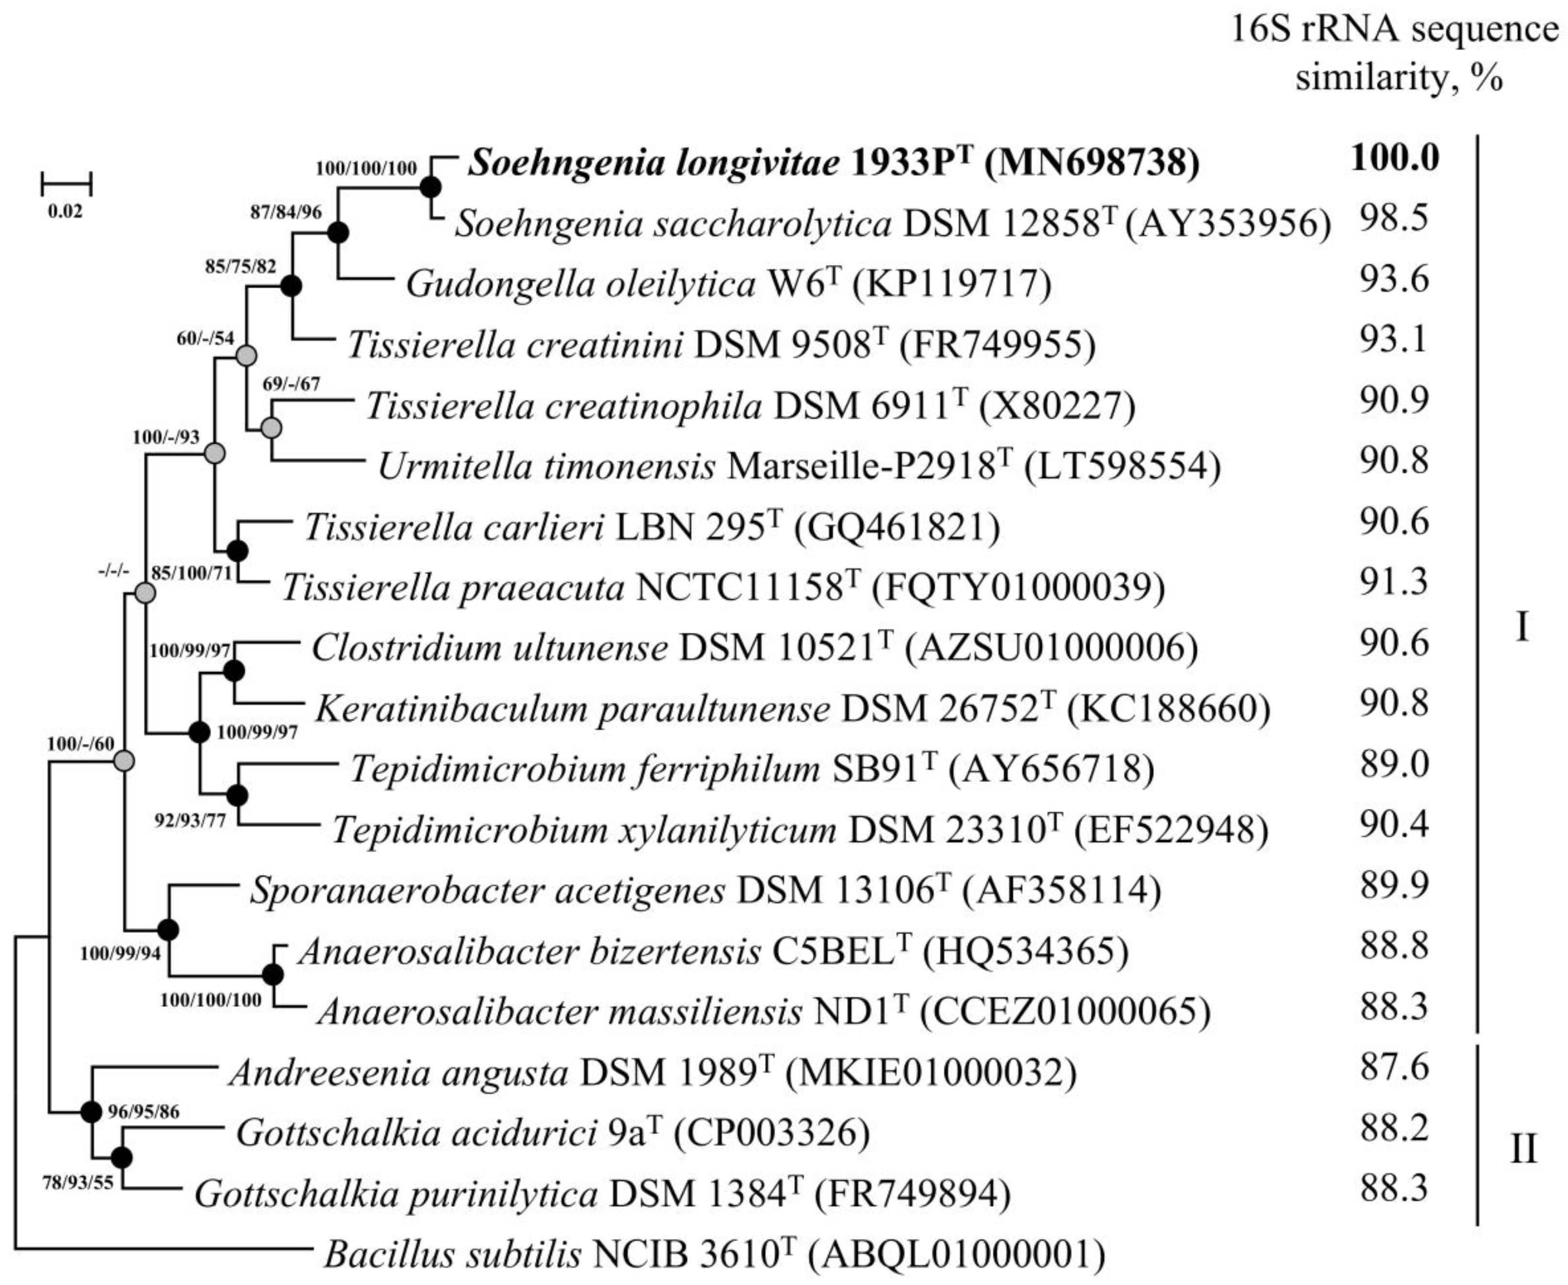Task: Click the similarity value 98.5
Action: click(1394, 220)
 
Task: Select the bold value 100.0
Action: click(1395, 158)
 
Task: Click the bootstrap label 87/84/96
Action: click(286, 213)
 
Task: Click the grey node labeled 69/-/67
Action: click(272, 428)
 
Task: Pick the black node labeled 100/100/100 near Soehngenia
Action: click(431, 188)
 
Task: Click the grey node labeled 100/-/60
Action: click(124, 760)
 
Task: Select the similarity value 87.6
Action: click(1394, 1067)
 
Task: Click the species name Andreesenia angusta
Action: click(398, 1072)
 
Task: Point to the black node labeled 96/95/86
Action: click(90, 1112)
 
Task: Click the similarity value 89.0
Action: click(1394, 764)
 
